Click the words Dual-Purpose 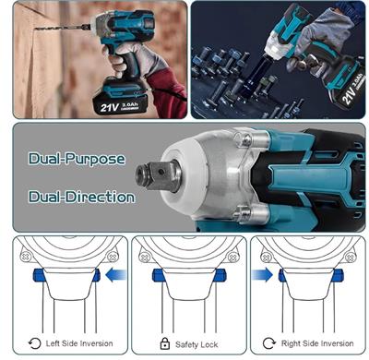tap(77, 159)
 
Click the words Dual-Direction tap(82, 197)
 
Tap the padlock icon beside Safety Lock tap(165, 343)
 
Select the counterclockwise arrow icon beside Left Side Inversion tap(35, 343)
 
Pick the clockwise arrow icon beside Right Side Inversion tap(269, 343)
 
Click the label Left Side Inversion tap(79, 343)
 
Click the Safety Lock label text tap(196, 344)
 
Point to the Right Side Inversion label tap(317, 343)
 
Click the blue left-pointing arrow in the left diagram tap(116, 275)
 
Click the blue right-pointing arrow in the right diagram tap(262, 274)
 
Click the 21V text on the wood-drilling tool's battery tap(110, 108)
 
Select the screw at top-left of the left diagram tap(26, 257)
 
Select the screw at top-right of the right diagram tap(350, 257)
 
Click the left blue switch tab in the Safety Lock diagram tap(158, 275)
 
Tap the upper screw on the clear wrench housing tap(246, 140)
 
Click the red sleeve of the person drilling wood tap(168, 92)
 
